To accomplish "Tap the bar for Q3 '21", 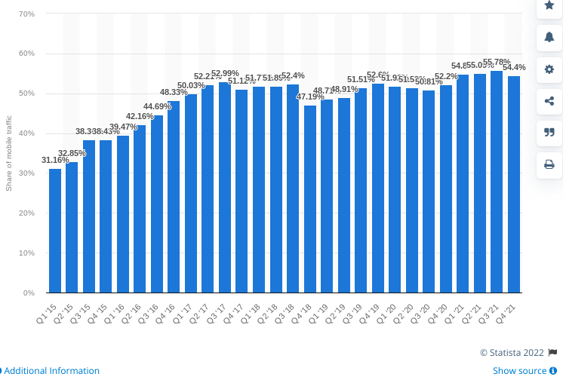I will coord(497,182).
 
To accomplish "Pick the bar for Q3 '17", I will coord(225,188).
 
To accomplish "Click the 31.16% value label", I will coord(55,160).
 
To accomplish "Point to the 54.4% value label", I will coord(514,67).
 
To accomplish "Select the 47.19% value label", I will coord(310,96).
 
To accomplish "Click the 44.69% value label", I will coord(157,106).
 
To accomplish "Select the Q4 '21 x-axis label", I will coord(511,308).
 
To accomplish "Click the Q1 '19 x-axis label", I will coord(324,308).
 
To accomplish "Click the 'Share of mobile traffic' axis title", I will coord(9,153).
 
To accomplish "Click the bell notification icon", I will coord(549,36).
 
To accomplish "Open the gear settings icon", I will coord(549,69).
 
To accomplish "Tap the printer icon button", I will coord(549,164).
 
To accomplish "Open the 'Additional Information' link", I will coord(51,371).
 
